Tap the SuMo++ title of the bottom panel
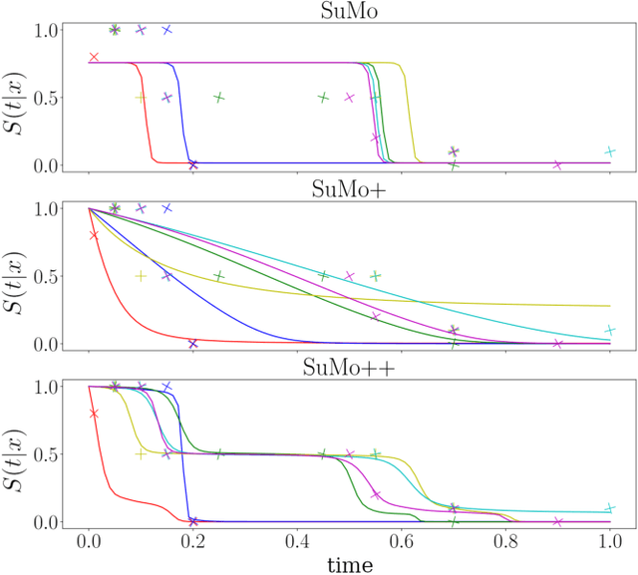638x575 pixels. pos(349,366)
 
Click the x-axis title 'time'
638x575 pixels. pos(349,564)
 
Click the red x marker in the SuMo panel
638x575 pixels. pos(94,57)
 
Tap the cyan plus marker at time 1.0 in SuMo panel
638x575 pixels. pos(610,151)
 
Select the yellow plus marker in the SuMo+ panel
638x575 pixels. pos(141,276)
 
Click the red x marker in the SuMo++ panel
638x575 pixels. pos(94,414)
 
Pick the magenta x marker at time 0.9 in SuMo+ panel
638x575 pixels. pos(558,344)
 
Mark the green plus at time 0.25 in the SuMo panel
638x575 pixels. pos(219,98)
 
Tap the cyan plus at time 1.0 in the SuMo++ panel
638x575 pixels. pos(610,508)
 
